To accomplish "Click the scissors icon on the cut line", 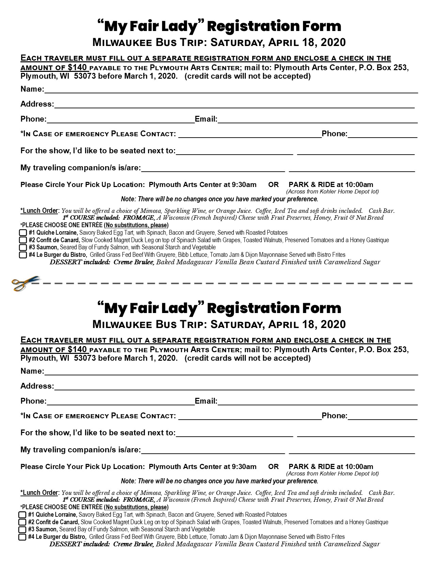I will tap(25, 282).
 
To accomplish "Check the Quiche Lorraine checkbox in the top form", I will tap(23, 233).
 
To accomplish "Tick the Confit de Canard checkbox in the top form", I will tap(23, 240).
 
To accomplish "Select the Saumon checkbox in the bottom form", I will tap(22, 530).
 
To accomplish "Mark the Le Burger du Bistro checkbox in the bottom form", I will tap(22, 537).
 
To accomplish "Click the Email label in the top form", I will tap(206, 119).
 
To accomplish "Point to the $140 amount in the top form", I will tap(77, 67).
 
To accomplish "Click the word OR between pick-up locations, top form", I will tap(273, 185).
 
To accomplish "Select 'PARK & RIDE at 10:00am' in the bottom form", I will tap(331, 467).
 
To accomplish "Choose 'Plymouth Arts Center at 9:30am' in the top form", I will tap(203, 185).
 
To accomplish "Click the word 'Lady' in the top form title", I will tap(180, 27).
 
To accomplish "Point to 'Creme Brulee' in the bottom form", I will tap(134, 544).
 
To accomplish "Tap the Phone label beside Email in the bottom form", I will tap(33, 401).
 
